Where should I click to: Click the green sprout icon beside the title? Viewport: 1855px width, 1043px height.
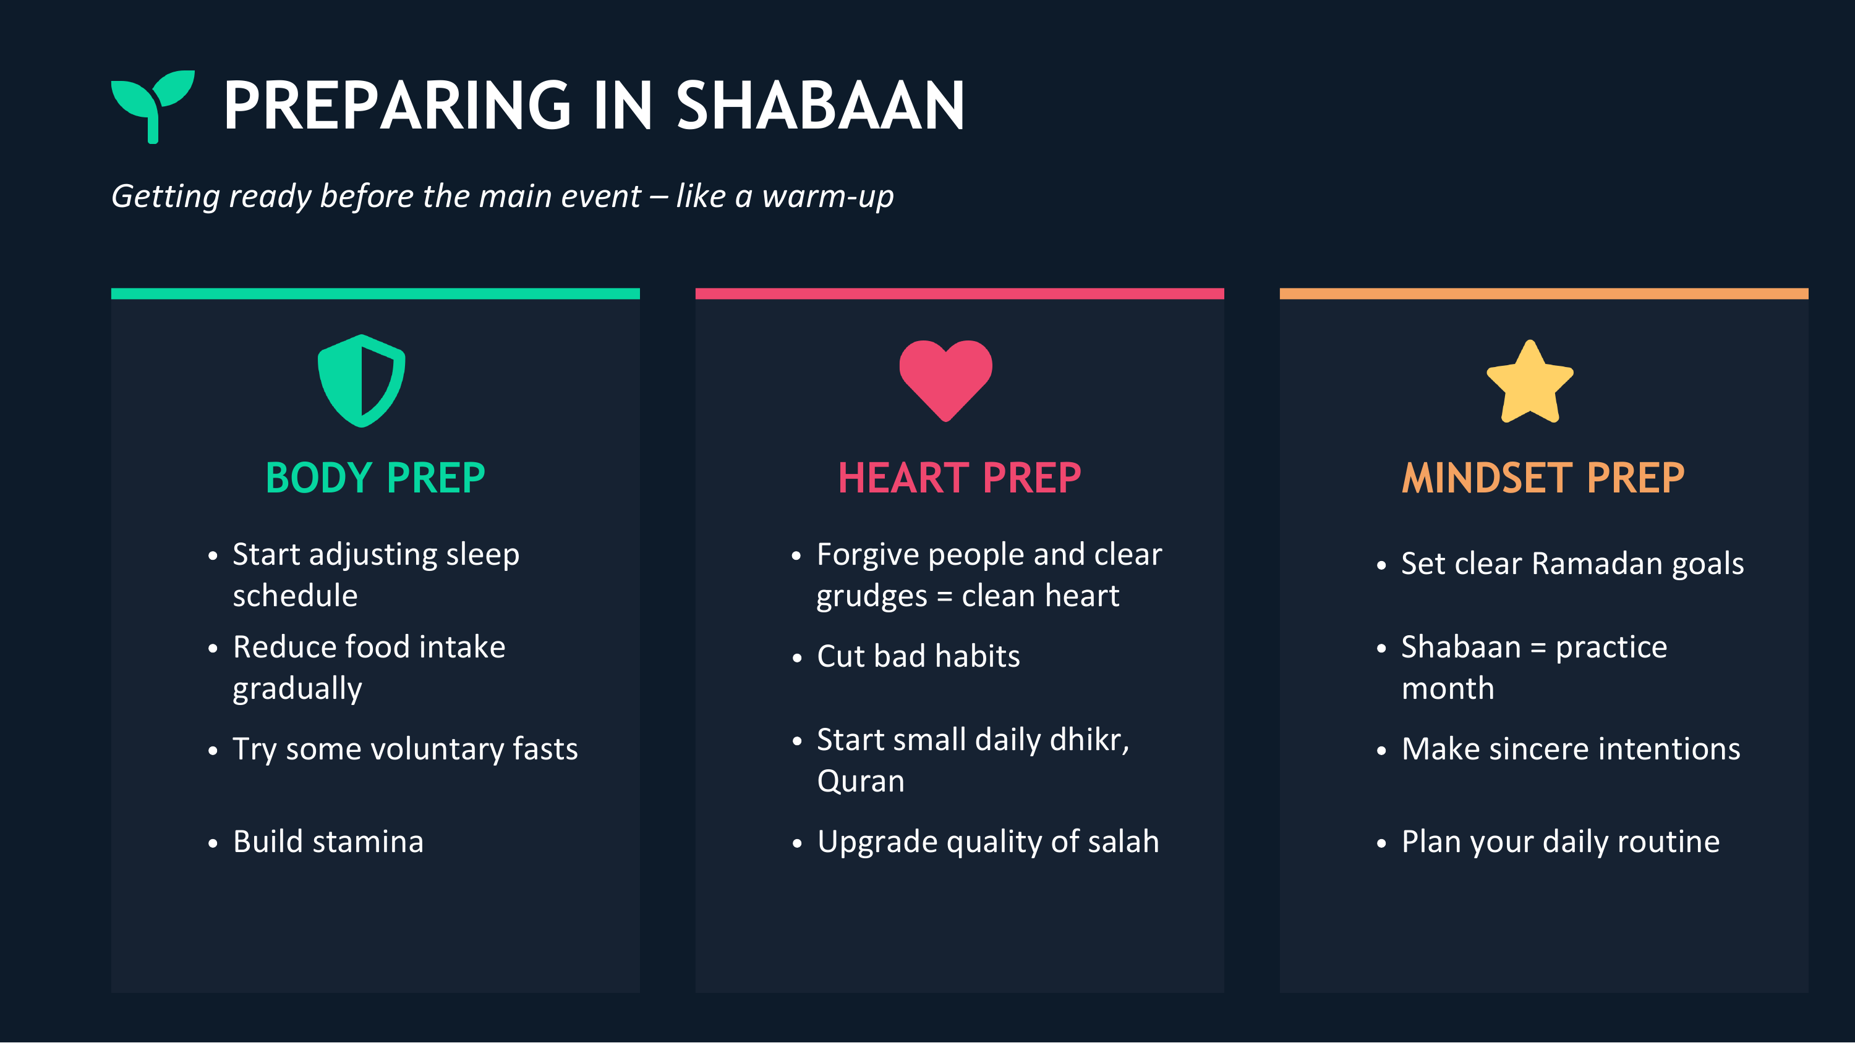pos(152,104)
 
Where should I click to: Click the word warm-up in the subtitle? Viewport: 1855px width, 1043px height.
pos(827,196)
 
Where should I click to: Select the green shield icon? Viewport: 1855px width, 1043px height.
pos(362,381)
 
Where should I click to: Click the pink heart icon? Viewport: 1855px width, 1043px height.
pos(945,379)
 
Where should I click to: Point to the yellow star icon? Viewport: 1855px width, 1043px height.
pos(1530,382)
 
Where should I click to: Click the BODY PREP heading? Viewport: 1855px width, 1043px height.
pos(375,478)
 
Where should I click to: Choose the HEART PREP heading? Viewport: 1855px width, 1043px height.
pos(959,478)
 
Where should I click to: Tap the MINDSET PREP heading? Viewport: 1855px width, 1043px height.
pos(1543,478)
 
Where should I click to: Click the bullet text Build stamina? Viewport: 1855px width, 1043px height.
pos(328,842)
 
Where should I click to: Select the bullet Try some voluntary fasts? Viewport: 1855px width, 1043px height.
pos(405,750)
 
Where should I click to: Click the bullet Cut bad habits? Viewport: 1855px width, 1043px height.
pos(918,656)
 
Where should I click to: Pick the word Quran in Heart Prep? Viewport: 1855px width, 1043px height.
pos(861,782)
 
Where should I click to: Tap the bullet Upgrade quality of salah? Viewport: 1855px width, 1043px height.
pos(987,842)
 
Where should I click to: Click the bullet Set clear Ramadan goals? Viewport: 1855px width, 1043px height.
pos(1572,564)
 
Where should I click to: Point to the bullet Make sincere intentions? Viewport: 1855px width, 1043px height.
pos(1571,750)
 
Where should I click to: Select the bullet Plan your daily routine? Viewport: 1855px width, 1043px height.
pos(1560,842)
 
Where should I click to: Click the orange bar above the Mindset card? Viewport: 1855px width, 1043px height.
pos(1543,293)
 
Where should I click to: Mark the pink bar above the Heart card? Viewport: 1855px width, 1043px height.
pos(959,293)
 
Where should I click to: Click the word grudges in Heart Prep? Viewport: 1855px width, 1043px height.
pos(871,597)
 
